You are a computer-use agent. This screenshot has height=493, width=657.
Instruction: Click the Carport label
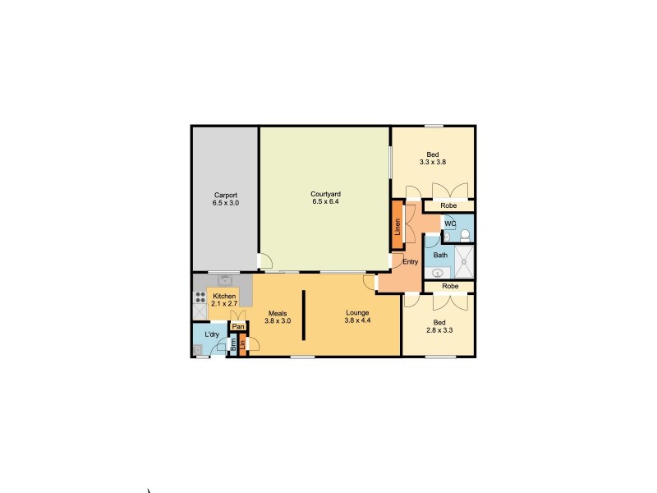(x=225, y=195)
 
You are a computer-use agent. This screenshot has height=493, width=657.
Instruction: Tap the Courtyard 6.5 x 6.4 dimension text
(x=325, y=201)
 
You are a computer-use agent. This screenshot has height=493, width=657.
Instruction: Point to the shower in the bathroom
(x=465, y=264)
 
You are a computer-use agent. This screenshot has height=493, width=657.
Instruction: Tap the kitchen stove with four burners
(x=200, y=298)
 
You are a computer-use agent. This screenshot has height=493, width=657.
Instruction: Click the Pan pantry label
(x=237, y=327)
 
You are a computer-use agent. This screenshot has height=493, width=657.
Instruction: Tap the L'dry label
(x=212, y=335)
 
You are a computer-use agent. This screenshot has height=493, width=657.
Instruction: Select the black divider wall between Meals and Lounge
(x=303, y=315)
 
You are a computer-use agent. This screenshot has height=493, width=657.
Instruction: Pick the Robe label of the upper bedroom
(x=448, y=205)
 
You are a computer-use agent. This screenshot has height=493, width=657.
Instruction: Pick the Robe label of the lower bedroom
(x=450, y=287)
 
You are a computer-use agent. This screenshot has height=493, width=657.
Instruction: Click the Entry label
(x=411, y=262)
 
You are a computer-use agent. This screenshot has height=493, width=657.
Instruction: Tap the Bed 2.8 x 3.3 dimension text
(x=440, y=330)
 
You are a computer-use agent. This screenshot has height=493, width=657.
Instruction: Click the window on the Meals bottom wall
(x=302, y=357)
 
